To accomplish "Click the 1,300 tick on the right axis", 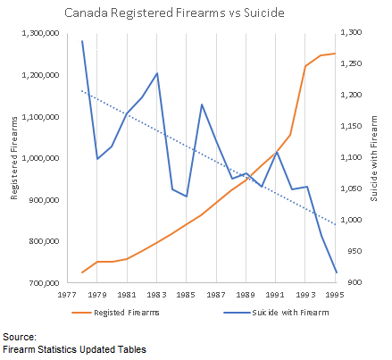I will click(x=353, y=33).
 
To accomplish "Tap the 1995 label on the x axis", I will click(x=336, y=294).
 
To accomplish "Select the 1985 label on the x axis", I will click(x=187, y=294).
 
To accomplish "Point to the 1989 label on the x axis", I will click(x=246, y=294).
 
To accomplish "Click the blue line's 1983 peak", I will click(x=157, y=73).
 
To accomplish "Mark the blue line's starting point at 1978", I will click(x=82, y=41).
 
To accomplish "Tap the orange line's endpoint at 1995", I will click(x=336, y=54).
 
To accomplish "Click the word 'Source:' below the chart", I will click(x=19, y=337).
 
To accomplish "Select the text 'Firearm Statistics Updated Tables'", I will click(x=73, y=349).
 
